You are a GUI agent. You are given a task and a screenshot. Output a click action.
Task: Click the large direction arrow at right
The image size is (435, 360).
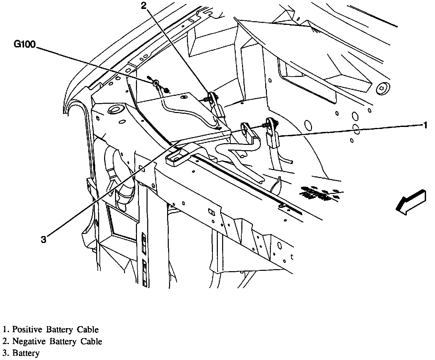coord(411,203)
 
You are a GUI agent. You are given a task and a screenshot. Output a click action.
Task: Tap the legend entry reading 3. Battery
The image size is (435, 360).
coord(21,353)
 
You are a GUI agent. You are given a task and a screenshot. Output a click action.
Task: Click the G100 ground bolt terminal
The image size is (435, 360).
coord(156,83)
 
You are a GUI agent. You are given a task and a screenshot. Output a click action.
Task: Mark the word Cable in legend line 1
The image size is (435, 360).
coord(88,330)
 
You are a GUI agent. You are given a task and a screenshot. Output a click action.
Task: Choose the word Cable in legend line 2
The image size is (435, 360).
coord(91,341)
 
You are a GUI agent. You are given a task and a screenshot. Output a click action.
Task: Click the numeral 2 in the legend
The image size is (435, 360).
coord(5,341)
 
